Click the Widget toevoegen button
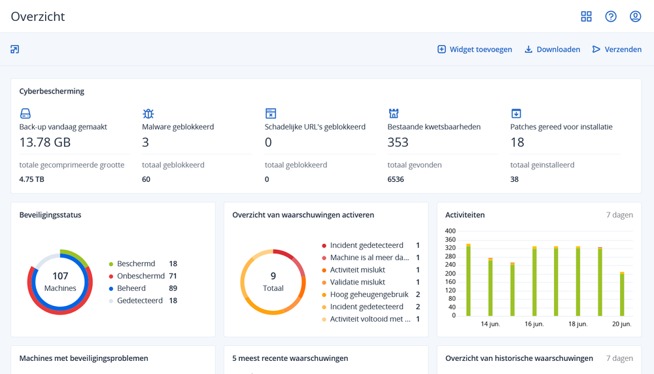click(475, 49)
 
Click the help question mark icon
click(611, 16)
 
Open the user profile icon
click(635, 16)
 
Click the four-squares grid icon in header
click(586, 16)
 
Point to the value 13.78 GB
click(45, 142)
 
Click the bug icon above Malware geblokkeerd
click(148, 114)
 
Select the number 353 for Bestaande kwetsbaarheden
click(398, 142)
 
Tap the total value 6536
click(396, 179)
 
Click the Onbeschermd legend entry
click(141, 276)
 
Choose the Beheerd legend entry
click(132, 288)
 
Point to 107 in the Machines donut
click(60, 276)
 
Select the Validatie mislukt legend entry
click(357, 282)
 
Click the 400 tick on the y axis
click(450, 231)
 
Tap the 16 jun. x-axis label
click(534, 324)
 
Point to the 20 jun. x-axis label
click(621, 324)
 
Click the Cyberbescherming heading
click(52, 92)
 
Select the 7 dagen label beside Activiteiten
click(619, 214)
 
